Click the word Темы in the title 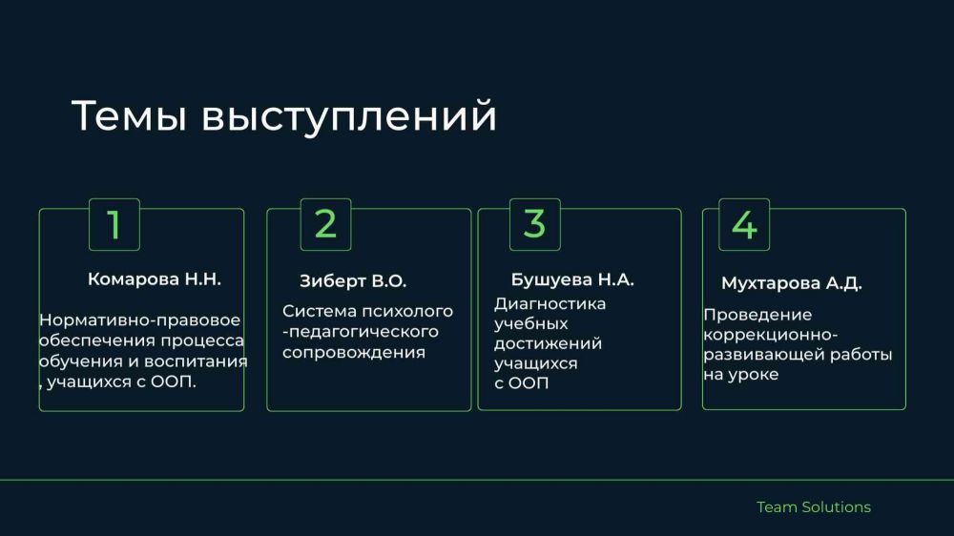coord(129,115)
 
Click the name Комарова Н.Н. coord(155,279)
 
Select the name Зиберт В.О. coord(353,281)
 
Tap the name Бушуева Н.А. coord(572,279)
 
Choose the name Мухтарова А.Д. coord(792,283)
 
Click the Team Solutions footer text coord(814,506)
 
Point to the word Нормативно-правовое coord(140,320)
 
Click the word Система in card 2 coord(320,311)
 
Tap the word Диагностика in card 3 coord(550,303)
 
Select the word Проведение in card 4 coord(757,315)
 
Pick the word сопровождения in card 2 coord(354,352)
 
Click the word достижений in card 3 coord(548,343)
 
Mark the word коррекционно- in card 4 coord(771,335)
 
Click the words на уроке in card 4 coord(741,375)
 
